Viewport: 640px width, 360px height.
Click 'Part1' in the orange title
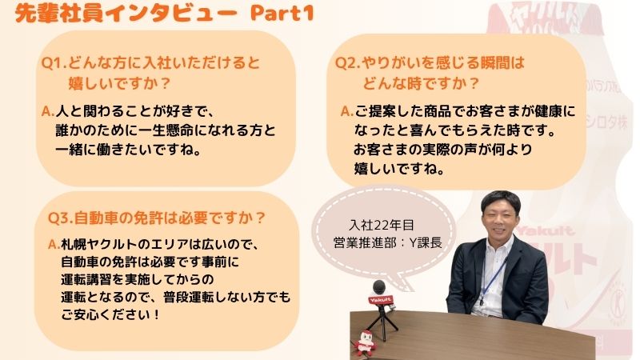tap(282, 13)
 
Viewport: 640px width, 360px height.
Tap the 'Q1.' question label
tap(54, 63)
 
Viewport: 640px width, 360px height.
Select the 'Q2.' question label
tap(348, 63)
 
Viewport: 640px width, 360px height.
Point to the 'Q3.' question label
tap(61, 218)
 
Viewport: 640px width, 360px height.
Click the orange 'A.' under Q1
tap(48, 111)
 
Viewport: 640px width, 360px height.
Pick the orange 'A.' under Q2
tap(347, 111)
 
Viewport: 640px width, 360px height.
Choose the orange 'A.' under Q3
tap(54, 244)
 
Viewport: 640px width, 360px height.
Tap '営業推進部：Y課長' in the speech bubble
tap(387, 243)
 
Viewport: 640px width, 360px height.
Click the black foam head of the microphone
tap(378, 287)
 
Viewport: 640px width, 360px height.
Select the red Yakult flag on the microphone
tap(381, 301)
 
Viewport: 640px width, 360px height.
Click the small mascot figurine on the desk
tap(365, 343)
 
